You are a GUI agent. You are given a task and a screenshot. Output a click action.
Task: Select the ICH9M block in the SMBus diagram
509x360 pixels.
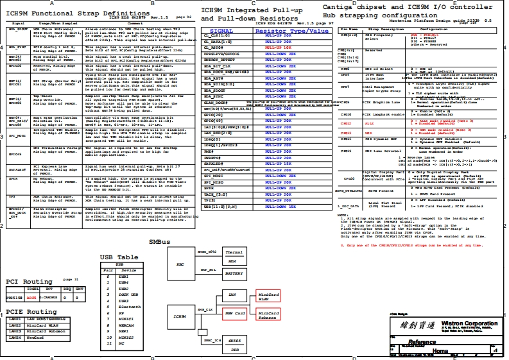tap(181, 316)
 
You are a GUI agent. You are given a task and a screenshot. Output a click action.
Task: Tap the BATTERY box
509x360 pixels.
tap(234, 273)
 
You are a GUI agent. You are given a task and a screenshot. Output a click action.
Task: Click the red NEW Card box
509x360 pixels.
tap(235, 313)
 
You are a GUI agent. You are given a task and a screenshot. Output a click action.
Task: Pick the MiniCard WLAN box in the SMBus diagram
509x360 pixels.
tap(268, 296)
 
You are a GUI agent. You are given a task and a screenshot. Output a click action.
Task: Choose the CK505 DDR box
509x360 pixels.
tap(235, 345)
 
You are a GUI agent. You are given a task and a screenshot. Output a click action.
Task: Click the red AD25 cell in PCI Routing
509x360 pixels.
tap(32, 298)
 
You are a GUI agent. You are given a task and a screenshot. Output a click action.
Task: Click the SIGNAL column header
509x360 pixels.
tap(221, 31)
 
